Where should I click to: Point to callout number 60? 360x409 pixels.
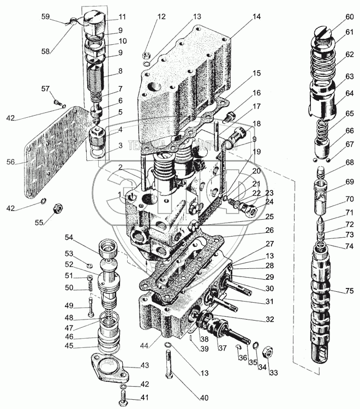tap(350, 17)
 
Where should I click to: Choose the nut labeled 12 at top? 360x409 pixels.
tap(146, 55)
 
